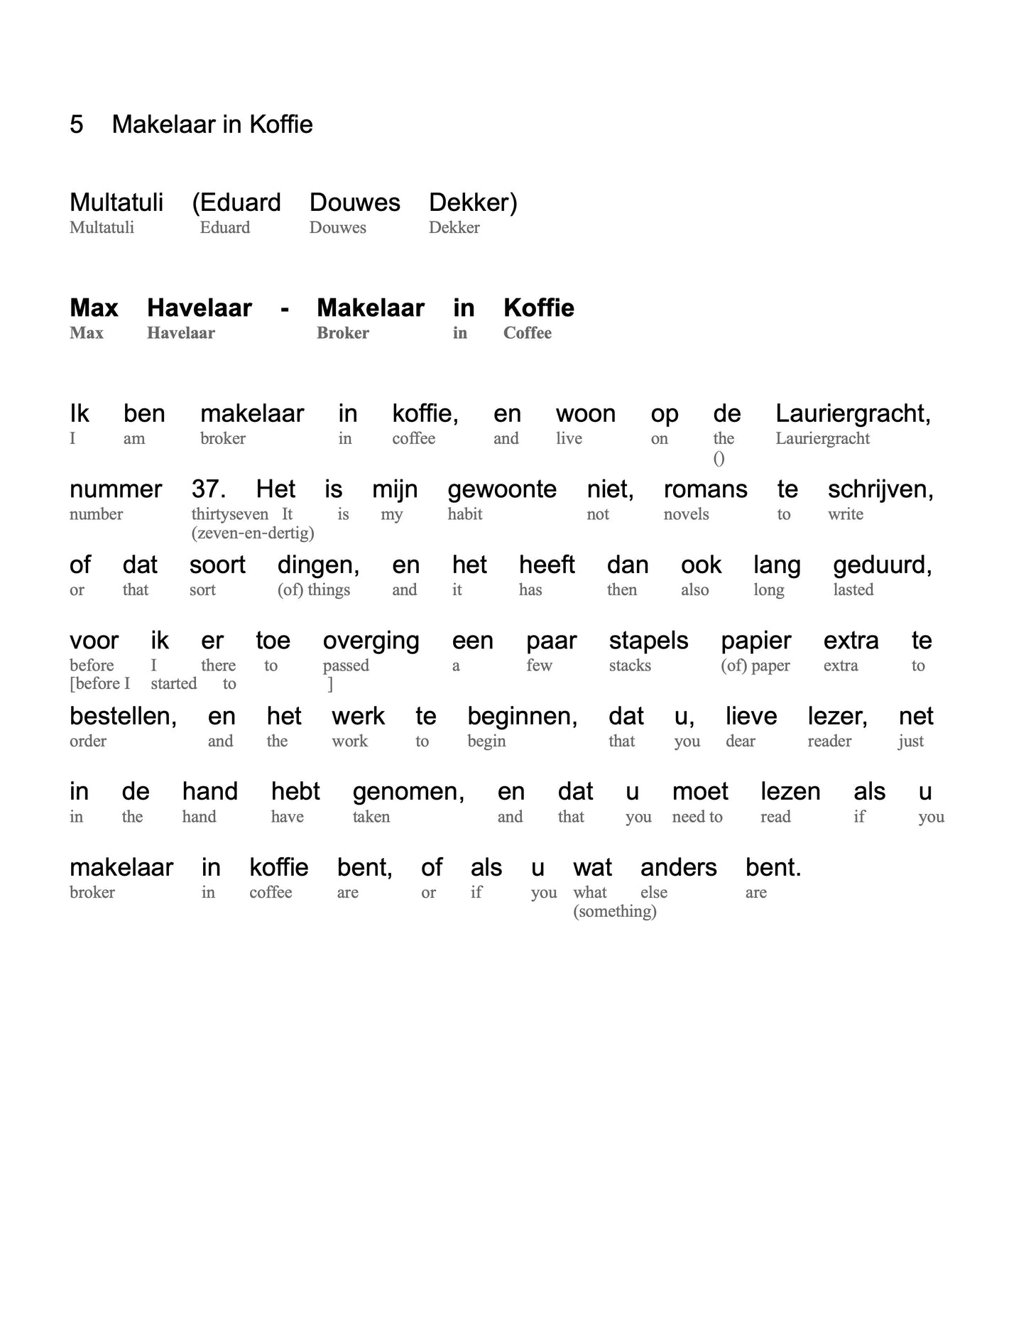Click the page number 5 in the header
click(77, 124)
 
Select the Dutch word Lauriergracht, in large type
click(853, 414)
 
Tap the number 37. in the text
click(208, 489)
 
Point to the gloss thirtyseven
click(229, 514)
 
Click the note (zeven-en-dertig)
click(252, 533)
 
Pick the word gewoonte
click(501, 490)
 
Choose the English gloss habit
click(464, 514)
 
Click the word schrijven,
click(880, 490)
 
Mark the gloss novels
click(686, 514)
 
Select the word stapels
click(648, 641)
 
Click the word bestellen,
click(123, 716)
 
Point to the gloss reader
click(829, 741)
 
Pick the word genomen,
click(408, 792)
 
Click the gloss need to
click(697, 817)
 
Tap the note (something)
click(614, 911)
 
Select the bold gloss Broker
click(342, 333)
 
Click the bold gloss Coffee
click(527, 333)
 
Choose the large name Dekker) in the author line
click(473, 203)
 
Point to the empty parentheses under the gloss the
click(719, 459)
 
